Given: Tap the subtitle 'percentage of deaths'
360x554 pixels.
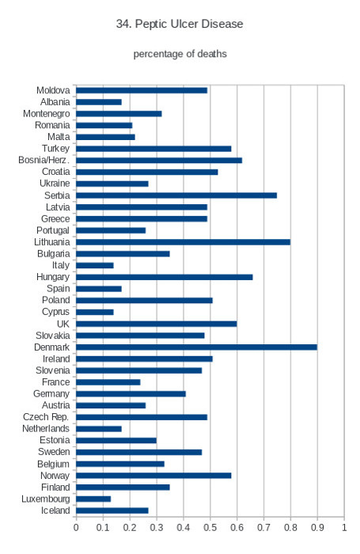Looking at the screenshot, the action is click(x=180, y=54).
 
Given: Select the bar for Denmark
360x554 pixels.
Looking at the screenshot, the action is click(x=196, y=347).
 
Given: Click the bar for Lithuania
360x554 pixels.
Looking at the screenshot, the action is click(x=183, y=242).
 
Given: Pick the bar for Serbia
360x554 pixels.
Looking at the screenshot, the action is click(x=176, y=195).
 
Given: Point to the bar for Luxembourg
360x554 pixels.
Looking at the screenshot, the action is click(x=93, y=499).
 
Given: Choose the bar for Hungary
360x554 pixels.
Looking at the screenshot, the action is click(x=165, y=277).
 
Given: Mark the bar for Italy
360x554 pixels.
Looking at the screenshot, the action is click(x=95, y=265).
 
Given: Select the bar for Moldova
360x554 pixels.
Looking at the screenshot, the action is click(x=142, y=90).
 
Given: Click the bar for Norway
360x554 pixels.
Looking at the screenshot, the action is click(x=153, y=476).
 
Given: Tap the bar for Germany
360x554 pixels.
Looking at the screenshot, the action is click(x=131, y=394).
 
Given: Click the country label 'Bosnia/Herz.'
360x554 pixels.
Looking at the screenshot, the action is click(x=44, y=160).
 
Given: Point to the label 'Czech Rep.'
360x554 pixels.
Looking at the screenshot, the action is click(x=46, y=417).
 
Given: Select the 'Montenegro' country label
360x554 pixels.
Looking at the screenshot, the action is click(x=46, y=114).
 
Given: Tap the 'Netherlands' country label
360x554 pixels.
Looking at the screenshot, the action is click(x=46, y=429).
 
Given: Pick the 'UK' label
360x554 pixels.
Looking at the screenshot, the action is click(x=63, y=324).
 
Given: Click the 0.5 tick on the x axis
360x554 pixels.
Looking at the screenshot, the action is click(x=210, y=528).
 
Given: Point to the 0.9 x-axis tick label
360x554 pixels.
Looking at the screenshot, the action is click(x=317, y=528).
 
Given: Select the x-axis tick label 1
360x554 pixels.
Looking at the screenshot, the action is click(x=344, y=528).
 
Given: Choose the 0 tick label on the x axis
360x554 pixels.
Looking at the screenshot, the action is click(x=76, y=528).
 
